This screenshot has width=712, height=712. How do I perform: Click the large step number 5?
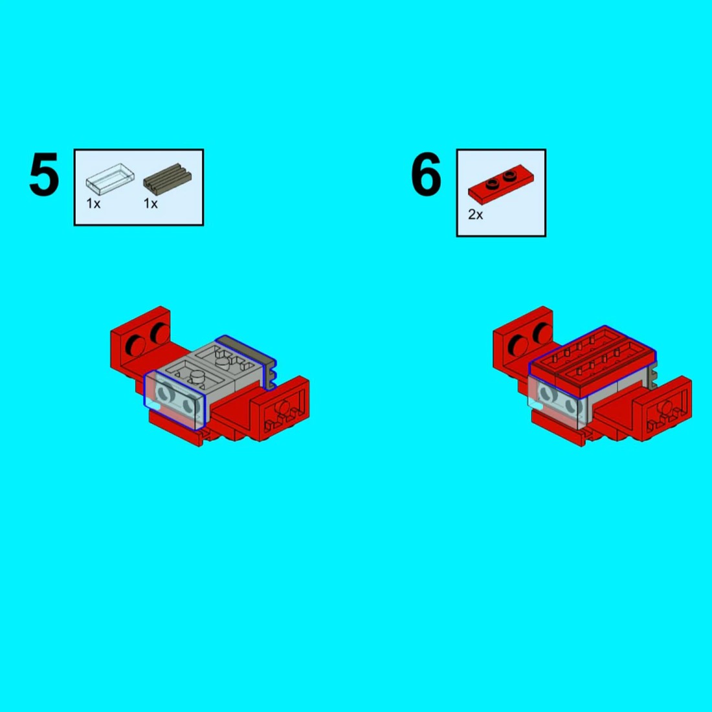click(44, 174)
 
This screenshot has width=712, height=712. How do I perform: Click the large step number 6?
click(426, 174)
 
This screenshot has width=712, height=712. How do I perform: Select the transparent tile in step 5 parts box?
click(110, 179)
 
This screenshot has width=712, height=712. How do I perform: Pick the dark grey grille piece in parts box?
click(168, 177)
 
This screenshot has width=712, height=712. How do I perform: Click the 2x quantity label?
click(476, 215)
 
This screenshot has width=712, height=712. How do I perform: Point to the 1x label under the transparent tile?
click(94, 204)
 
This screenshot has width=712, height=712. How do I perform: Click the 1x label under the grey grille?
click(151, 204)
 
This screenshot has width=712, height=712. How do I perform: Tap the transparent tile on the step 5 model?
click(174, 400)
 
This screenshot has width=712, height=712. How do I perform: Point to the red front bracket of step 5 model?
click(280, 408)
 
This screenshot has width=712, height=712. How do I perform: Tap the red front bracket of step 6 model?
click(663, 408)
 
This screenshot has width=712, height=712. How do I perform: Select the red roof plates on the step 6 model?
click(592, 361)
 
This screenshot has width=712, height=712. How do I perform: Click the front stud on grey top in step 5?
click(197, 375)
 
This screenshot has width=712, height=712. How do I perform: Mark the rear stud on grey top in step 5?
click(223, 361)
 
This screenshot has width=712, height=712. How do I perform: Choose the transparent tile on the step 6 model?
click(555, 402)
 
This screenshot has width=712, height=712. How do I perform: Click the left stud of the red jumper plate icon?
click(492, 183)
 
